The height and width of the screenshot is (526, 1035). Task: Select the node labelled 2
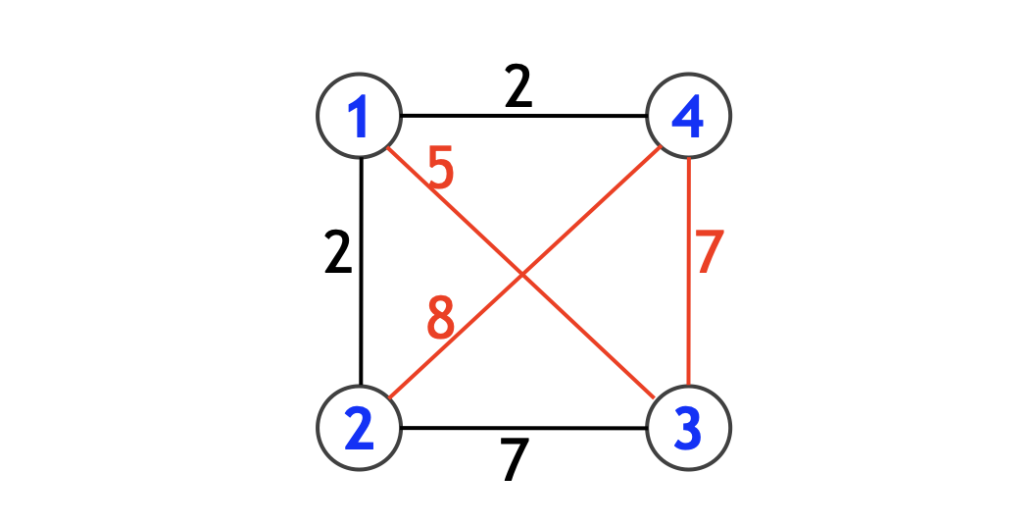point(360,428)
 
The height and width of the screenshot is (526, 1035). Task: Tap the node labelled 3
point(689,428)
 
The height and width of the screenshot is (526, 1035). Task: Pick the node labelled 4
point(689,117)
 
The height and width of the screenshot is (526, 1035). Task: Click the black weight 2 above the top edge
point(518,90)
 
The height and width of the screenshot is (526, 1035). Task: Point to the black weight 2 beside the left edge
point(337,254)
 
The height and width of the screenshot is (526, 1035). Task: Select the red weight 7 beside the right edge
point(710,254)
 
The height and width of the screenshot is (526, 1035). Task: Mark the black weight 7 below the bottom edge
point(514,460)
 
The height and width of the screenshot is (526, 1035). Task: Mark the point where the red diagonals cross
point(523,275)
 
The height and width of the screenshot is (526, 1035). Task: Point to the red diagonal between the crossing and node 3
point(588,337)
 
